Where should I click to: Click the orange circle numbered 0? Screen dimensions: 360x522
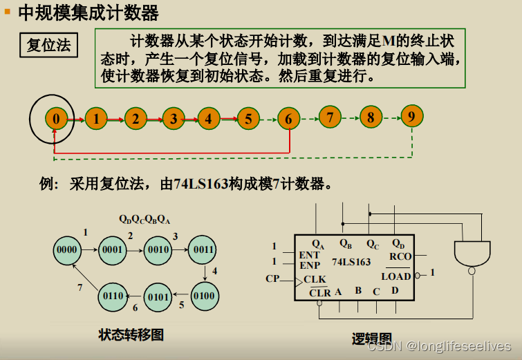[x=56, y=119]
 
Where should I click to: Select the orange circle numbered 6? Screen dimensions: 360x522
[x=288, y=119]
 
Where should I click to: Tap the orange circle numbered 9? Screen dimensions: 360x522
[x=411, y=116]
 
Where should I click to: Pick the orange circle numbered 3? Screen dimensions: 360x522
[x=174, y=119]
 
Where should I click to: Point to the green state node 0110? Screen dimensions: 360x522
[x=113, y=296]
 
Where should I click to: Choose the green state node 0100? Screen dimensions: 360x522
[x=203, y=296]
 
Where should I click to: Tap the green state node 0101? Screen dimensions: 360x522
[x=158, y=297]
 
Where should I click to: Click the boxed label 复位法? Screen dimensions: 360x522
[x=48, y=46]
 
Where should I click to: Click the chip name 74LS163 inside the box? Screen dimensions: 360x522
[x=351, y=262]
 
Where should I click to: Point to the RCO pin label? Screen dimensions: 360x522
[x=400, y=256]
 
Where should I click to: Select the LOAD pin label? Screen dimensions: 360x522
[x=396, y=276]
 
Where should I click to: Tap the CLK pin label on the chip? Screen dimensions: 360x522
[x=315, y=279]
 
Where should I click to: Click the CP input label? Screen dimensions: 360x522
[x=272, y=279]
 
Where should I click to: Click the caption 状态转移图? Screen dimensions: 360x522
[x=131, y=334]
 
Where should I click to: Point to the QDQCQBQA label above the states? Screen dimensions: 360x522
[x=145, y=220]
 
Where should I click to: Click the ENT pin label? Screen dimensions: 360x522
[x=309, y=255]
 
